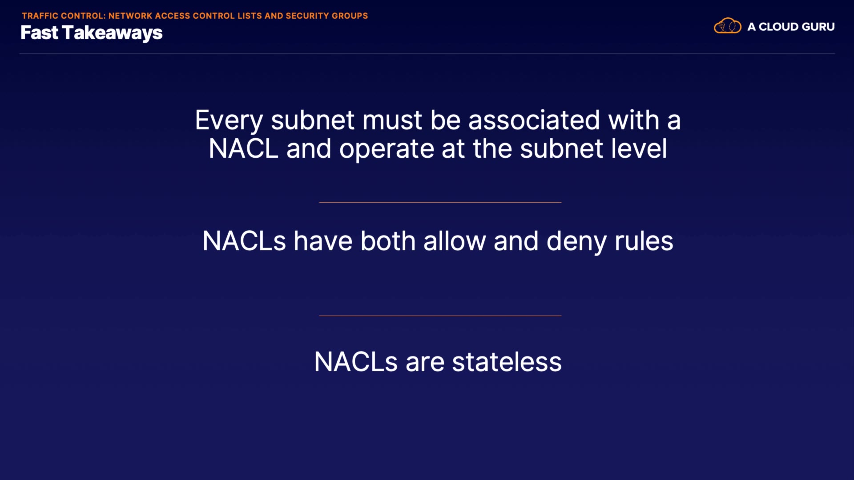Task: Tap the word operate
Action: pyautogui.click(x=387, y=149)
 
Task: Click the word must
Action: pyautogui.click(x=392, y=121)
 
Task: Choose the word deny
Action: pyautogui.click(x=576, y=242)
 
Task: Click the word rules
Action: pyautogui.click(x=644, y=241)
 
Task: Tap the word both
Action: pyautogui.click(x=388, y=241)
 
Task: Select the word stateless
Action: pyautogui.click(x=507, y=362)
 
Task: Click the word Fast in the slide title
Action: pyautogui.click(x=39, y=33)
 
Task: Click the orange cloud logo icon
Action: pyautogui.click(x=728, y=26)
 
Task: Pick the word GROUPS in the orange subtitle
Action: pyautogui.click(x=350, y=16)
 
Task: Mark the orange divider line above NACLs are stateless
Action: pyautogui.click(x=440, y=316)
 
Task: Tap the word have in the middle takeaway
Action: pyautogui.click(x=323, y=241)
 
